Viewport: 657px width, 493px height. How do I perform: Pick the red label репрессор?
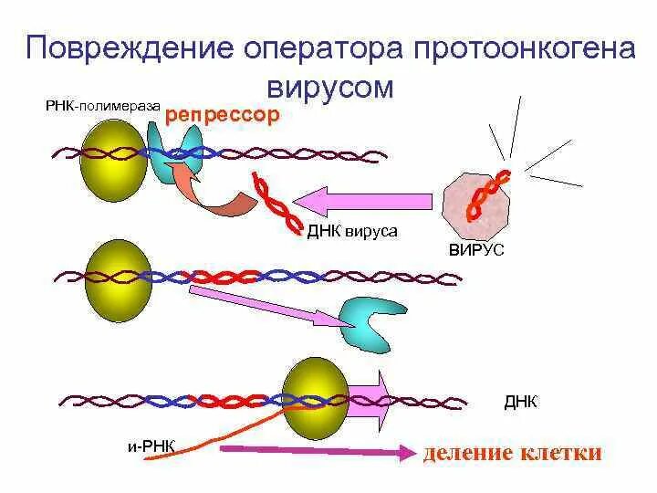(x=222, y=117)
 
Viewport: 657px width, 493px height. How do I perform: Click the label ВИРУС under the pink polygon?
(x=475, y=249)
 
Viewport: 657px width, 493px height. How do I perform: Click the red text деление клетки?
(x=511, y=453)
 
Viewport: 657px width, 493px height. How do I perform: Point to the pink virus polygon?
(x=476, y=203)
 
